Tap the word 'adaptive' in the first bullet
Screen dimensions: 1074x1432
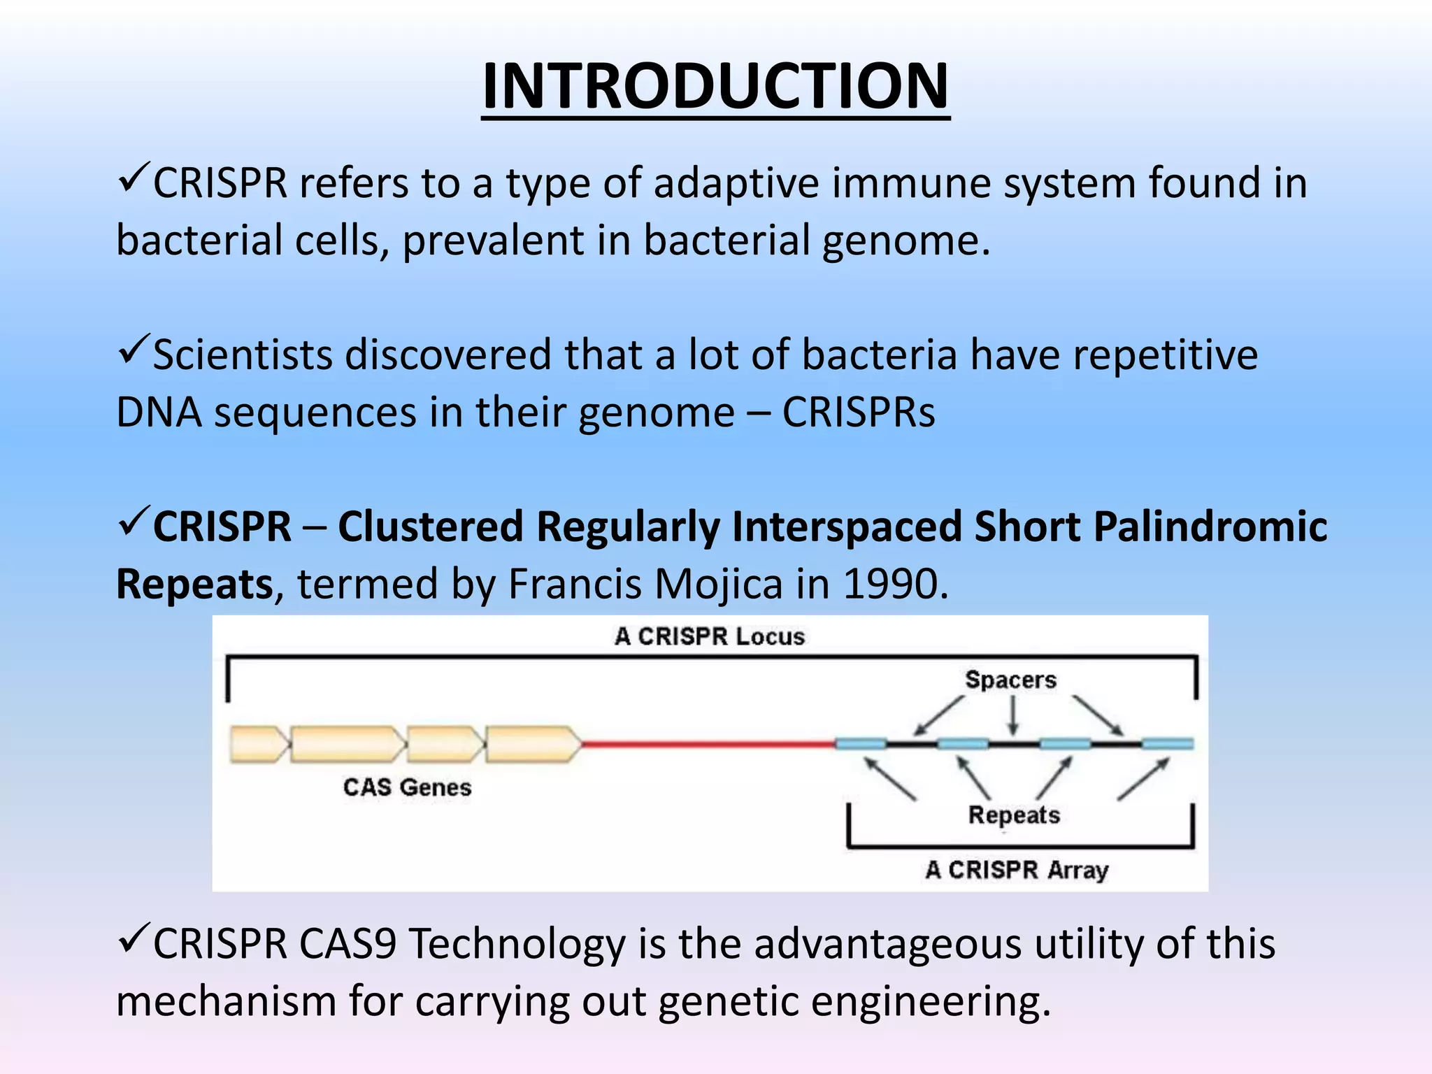(x=736, y=183)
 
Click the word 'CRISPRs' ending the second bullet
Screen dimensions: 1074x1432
(x=858, y=412)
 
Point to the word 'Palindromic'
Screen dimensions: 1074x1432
(x=1210, y=526)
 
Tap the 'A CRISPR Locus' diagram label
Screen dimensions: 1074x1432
(x=710, y=636)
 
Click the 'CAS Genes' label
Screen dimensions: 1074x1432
(x=407, y=787)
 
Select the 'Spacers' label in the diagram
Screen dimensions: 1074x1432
(x=1010, y=680)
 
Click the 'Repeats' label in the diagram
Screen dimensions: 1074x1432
(x=1014, y=815)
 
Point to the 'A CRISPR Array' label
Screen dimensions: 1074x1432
(x=1017, y=870)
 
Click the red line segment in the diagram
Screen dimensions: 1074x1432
(x=706, y=744)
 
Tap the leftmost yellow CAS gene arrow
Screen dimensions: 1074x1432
(x=258, y=744)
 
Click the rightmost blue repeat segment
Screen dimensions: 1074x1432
(x=1167, y=744)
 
